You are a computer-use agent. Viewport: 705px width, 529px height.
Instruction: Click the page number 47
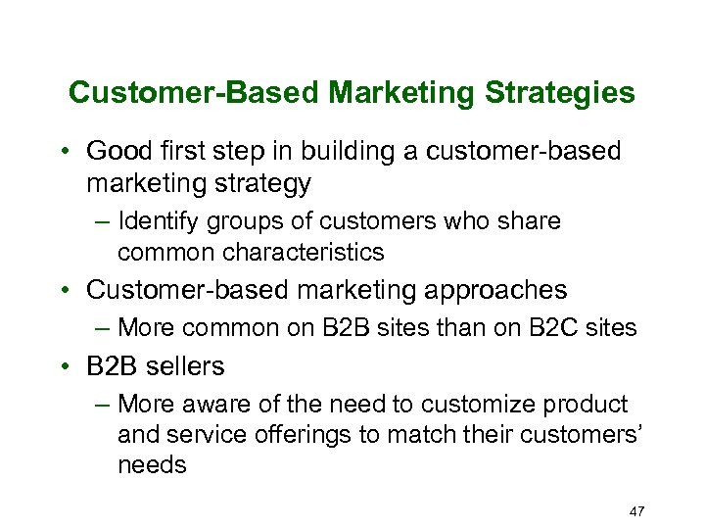coord(635,510)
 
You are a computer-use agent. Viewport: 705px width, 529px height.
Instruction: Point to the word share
coord(529,221)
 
